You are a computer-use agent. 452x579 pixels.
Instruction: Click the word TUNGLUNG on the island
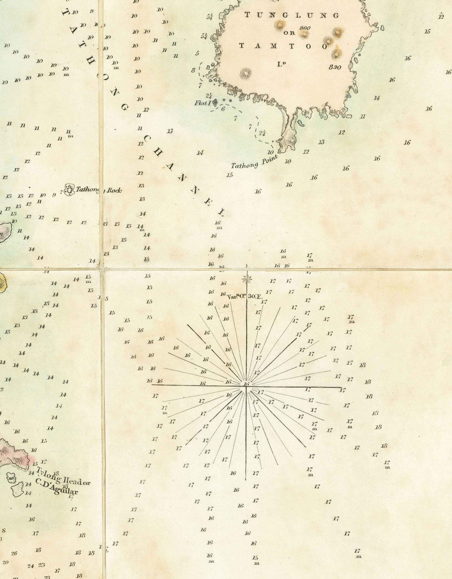tap(292, 16)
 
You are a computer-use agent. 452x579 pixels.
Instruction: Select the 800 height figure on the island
tap(303, 28)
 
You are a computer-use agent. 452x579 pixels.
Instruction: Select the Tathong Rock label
tap(98, 190)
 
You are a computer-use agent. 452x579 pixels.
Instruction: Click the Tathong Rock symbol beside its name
tap(69, 189)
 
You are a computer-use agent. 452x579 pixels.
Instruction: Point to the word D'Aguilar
tap(57, 487)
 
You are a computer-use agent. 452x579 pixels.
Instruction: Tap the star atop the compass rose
tap(246, 279)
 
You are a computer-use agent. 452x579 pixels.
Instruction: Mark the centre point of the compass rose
tap(246, 385)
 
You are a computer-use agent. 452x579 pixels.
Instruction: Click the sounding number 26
tap(14, 553)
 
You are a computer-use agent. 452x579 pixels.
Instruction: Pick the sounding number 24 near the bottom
tap(30, 565)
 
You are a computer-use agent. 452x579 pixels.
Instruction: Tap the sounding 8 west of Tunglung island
tap(193, 70)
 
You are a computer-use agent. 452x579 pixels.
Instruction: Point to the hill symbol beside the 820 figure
tap(336, 52)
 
